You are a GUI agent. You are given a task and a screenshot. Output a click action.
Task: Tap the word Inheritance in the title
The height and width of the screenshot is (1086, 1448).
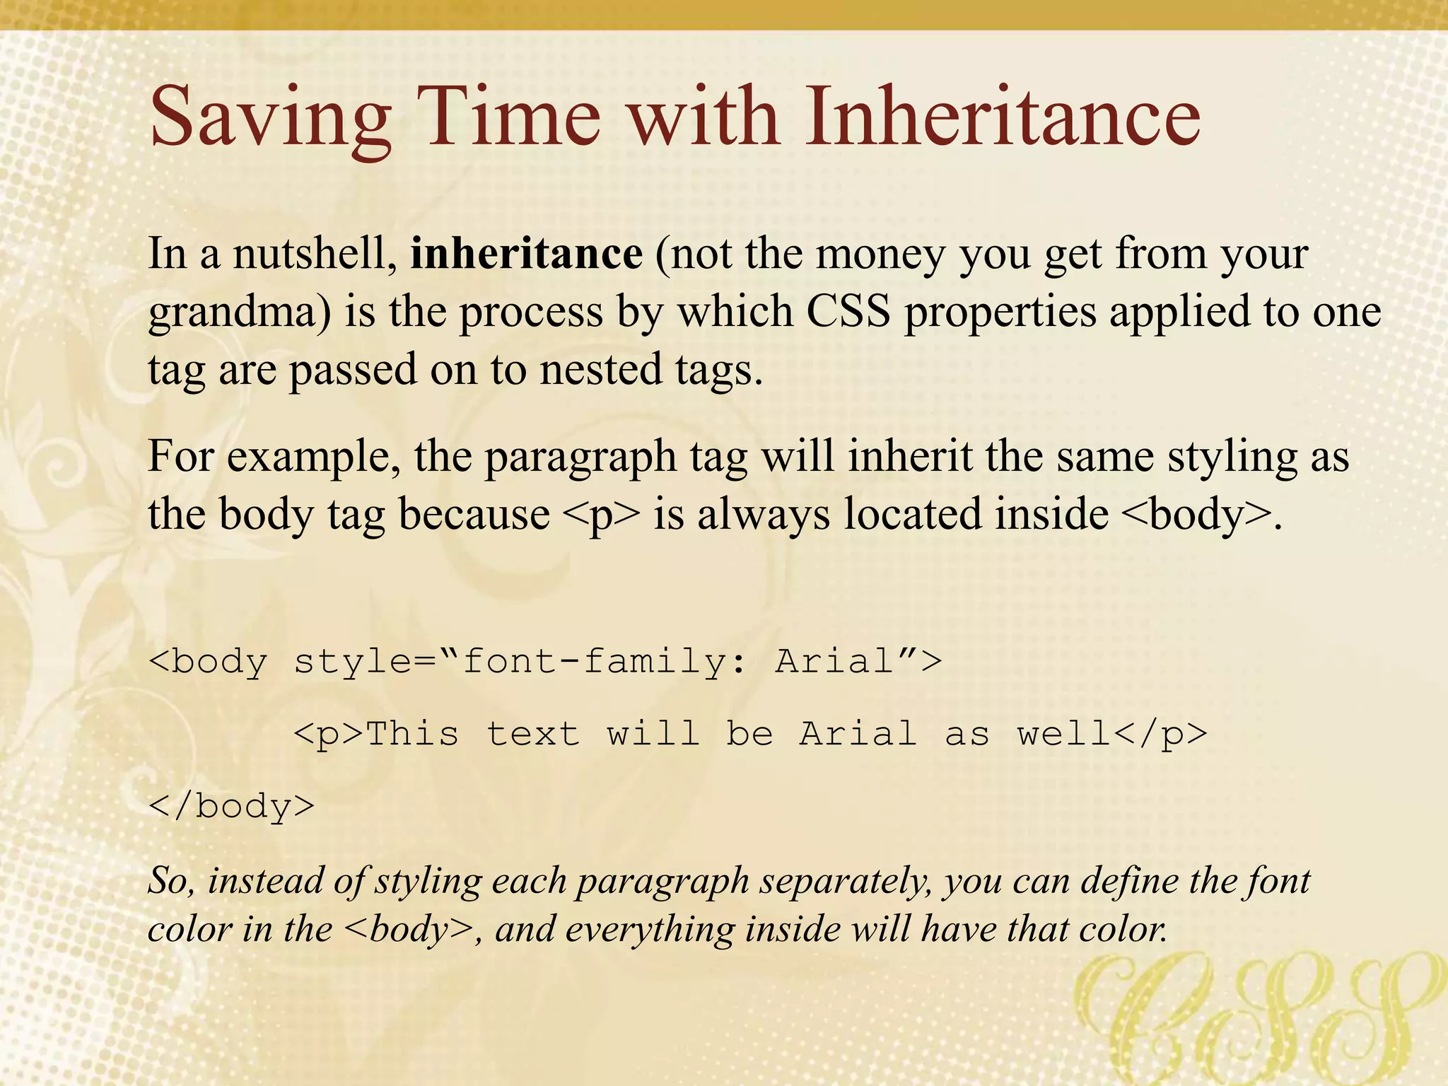(x=1003, y=117)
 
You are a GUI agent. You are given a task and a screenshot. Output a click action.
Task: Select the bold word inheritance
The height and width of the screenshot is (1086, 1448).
(x=526, y=254)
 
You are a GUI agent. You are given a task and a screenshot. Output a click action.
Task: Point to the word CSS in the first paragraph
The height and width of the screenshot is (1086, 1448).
(x=848, y=311)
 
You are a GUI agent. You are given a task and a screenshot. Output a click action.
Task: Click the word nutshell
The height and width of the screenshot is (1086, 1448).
(x=315, y=254)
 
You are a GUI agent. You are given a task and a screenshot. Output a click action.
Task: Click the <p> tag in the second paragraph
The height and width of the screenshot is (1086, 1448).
(x=601, y=515)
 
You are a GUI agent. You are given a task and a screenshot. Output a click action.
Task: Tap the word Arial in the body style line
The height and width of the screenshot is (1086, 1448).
(x=834, y=662)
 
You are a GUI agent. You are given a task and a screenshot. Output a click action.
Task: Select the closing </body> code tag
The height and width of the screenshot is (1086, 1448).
(x=232, y=806)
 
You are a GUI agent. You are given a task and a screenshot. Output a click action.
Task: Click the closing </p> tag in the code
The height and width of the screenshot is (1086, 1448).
(x=1160, y=734)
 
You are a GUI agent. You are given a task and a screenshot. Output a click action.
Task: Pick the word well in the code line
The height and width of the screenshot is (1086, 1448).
(x=1064, y=733)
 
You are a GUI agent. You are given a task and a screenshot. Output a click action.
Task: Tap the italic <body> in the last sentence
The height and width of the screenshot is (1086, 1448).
(x=409, y=930)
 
